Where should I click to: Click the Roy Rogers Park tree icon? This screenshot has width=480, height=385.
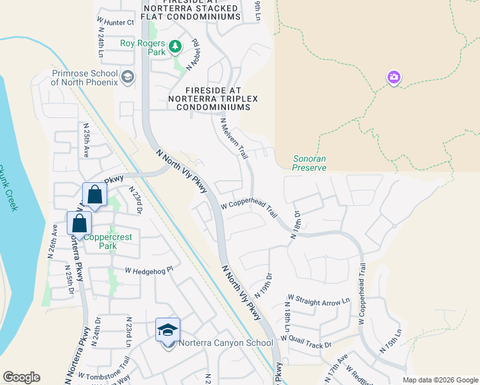[x=175, y=46]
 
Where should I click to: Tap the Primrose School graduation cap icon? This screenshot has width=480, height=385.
[x=127, y=78]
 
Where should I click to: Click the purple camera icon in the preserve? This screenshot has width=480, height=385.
[x=393, y=78]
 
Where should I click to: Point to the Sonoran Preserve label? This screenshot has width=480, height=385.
[x=310, y=163]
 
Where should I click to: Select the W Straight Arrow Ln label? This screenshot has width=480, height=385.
[x=319, y=300]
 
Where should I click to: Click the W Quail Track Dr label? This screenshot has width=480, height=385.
[x=305, y=343]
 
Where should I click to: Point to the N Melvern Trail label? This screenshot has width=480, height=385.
[x=234, y=138]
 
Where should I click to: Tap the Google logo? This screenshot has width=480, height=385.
[x=21, y=377]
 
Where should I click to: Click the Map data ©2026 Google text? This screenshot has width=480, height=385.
[x=440, y=380]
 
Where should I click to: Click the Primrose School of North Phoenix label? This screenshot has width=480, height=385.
[x=85, y=78]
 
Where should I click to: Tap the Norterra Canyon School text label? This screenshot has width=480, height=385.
[x=226, y=343]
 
